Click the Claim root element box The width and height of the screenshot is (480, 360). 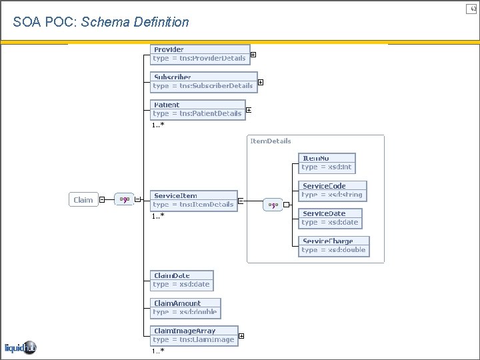pos(83,199)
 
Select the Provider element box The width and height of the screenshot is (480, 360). pos(199,54)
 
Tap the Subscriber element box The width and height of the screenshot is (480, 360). pos(203,81)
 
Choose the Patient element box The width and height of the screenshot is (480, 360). pos(197,109)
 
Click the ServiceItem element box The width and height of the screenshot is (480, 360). pos(193,200)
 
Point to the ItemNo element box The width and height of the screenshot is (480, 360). pos(327,163)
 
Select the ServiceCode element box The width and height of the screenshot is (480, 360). pos(332,190)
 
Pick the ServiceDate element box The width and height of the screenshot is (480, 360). pos(330,218)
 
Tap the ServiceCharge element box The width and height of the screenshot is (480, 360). pos(333,245)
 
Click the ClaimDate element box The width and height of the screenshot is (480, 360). pos(181,280)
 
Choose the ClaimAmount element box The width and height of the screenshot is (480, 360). pos(185,307)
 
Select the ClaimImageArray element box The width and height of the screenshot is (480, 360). pos(193,335)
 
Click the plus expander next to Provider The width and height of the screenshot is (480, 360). pos(254,55)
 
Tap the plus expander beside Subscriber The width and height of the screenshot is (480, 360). pos(261,83)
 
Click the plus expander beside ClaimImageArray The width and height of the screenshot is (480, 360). pos(241,336)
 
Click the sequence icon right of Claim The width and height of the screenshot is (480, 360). pos(124,199)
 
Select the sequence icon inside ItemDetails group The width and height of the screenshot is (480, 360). pos(273,205)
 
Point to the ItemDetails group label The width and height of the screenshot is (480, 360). pos(270,141)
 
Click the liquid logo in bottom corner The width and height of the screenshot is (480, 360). pos(20,347)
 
